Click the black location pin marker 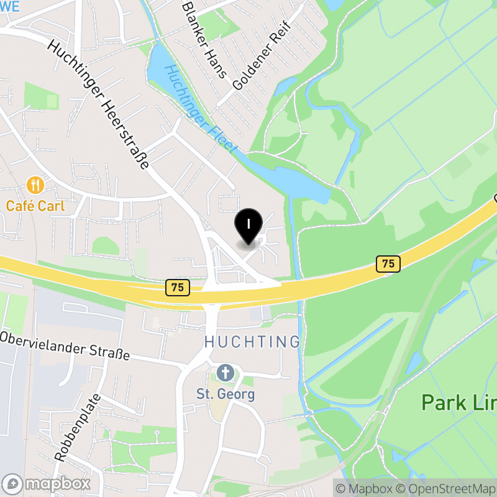coord(248,225)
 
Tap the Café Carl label coord(35,206)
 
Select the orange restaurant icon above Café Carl coord(35,185)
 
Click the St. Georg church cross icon coord(225,373)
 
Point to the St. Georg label coord(226,394)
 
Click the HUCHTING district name coord(252,342)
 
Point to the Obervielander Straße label coord(65,346)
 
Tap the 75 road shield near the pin coord(178,287)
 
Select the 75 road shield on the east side coord(388,263)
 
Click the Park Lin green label coord(458,402)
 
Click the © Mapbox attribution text coord(365,488)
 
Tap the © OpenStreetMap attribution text coord(446,488)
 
